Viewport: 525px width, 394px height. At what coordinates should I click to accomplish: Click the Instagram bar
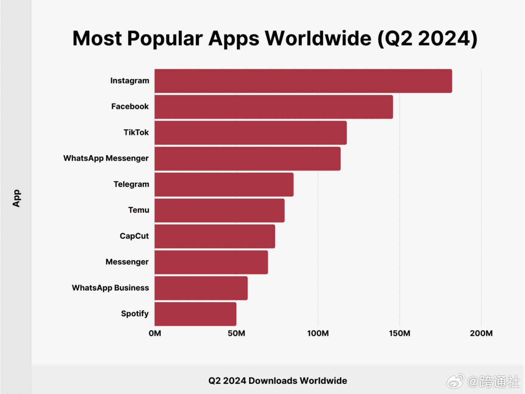[x=303, y=81]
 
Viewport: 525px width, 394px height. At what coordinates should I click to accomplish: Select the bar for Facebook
[x=273, y=107]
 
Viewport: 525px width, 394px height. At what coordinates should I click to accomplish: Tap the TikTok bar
[x=251, y=133]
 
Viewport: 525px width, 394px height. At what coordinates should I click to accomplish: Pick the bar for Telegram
[x=224, y=184]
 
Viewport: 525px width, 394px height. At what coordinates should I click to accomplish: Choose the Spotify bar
[x=195, y=314]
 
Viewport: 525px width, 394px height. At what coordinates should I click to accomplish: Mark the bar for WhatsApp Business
[x=201, y=288]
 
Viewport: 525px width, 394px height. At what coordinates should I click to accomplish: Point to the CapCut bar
[x=215, y=236]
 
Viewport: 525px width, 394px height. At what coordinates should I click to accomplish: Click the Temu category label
[x=138, y=210]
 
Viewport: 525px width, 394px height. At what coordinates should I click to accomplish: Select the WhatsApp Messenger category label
[x=106, y=158]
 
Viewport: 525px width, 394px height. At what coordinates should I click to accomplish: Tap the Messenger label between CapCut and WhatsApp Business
[x=127, y=262]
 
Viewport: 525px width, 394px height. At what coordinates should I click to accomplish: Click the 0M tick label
[x=155, y=333]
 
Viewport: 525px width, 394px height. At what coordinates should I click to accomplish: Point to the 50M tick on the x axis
[x=236, y=333]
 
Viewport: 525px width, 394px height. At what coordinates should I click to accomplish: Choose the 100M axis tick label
[x=318, y=333]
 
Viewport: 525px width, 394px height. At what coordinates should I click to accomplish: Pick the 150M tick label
[x=399, y=333]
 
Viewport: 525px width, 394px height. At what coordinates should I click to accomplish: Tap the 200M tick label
[x=481, y=333]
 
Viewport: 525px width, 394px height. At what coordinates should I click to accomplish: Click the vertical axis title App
[x=16, y=198]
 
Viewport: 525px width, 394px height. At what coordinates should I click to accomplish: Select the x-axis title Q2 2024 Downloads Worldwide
[x=277, y=381]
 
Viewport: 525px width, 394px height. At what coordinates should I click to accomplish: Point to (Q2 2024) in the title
[x=427, y=39]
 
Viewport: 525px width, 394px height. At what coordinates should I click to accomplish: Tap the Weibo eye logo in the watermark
[x=455, y=382]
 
